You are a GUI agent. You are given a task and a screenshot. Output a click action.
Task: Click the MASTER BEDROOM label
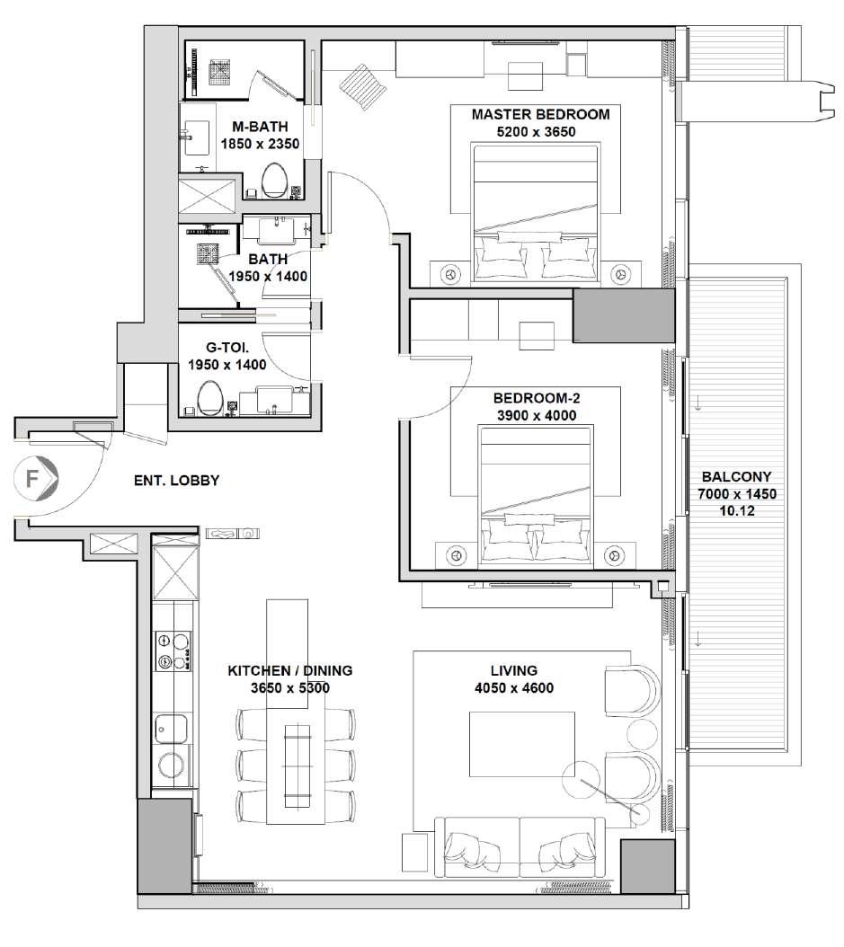coord(540,114)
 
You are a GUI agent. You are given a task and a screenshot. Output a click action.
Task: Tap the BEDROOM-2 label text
coord(537,398)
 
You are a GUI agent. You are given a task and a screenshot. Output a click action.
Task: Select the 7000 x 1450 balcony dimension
coord(736,493)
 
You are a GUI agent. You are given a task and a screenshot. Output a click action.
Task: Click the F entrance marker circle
coord(35,479)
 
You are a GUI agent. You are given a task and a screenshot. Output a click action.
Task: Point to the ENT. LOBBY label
coord(176,480)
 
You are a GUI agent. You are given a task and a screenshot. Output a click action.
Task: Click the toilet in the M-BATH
coord(276,180)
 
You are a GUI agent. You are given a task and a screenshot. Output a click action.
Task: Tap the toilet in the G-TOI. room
coord(209,398)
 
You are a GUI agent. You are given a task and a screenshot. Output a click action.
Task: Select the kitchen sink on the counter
coord(172,729)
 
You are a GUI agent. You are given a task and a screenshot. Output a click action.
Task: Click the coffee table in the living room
coord(522,744)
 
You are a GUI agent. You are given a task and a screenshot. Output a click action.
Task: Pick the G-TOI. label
coord(227,348)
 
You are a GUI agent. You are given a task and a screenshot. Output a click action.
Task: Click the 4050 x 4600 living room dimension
coord(514,687)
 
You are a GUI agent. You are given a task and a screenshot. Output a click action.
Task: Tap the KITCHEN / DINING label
coord(290,670)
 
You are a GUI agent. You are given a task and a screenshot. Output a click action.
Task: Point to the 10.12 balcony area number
coord(736,510)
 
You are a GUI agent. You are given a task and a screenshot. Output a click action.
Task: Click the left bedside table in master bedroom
coord(449,274)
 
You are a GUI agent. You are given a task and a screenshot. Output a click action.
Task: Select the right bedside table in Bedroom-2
coord(615,554)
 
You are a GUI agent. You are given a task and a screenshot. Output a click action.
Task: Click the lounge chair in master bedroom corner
coord(362,87)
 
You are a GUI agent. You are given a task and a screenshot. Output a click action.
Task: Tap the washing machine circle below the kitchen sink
coord(172,766)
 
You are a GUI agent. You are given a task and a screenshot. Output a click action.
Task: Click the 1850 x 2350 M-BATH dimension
coord(260,144)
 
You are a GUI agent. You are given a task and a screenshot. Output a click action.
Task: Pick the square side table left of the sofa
coord(415,852)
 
